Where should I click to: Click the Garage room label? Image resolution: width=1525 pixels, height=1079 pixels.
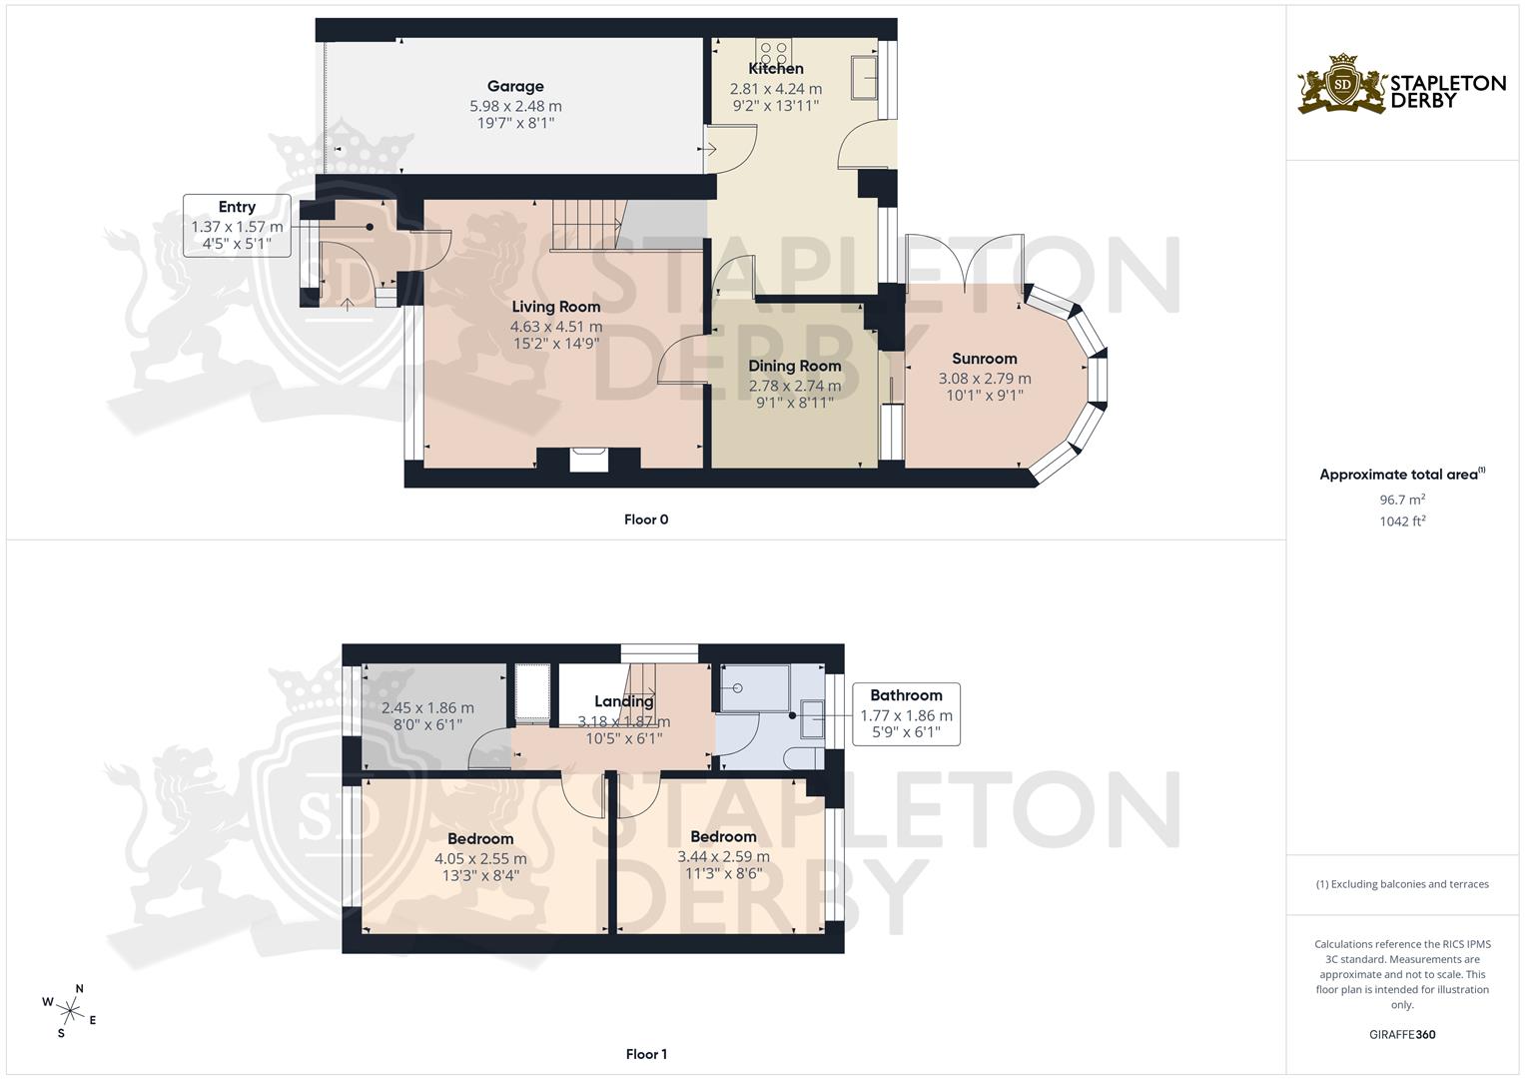[515, 87]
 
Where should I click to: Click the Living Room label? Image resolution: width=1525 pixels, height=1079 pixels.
[556, 307]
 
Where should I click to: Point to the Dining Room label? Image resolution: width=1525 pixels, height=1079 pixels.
[795, 366]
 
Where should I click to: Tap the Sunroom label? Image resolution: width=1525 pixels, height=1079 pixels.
[985, 359]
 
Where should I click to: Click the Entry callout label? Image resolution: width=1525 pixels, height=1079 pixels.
[237, 207]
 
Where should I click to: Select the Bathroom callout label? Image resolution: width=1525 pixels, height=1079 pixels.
[906, 695]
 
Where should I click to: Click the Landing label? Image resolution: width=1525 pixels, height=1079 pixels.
[624, 701]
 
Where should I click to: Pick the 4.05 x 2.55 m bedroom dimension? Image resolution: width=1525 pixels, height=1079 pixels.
[480, 858]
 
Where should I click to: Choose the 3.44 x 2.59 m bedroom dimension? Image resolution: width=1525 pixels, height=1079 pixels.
[723, 856]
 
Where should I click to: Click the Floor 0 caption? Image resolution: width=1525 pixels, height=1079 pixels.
[645, 520]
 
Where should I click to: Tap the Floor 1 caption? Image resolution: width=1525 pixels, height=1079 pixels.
[645, 1054]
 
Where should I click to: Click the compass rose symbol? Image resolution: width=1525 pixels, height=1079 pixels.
[70, 1009]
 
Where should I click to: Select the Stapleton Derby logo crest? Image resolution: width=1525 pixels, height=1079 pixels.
[1342, 85]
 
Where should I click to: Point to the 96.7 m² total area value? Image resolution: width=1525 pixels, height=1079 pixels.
[1402, 500]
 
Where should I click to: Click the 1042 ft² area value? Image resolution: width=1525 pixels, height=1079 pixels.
[1402, 522]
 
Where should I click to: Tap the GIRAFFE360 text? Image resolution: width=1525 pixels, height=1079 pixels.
[1402, 1035]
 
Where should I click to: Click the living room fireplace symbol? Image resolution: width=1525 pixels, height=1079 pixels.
[588, 459]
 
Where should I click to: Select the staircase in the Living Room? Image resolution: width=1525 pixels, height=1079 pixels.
[586, 225]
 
